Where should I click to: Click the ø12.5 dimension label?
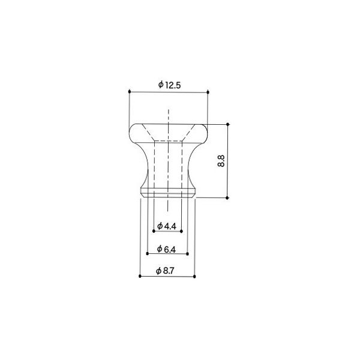click(170, 85)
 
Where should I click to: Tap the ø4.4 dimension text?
click(166, 226)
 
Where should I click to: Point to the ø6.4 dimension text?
click(166, 248)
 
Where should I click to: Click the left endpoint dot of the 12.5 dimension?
click(130, 92)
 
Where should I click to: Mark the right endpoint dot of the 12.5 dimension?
click(208, 92)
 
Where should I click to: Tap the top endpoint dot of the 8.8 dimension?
click(228, 125)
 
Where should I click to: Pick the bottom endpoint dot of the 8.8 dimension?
click(228, 197)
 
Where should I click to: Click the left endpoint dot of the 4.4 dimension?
click(154, 232)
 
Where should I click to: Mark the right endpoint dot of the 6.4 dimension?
click(188, 254)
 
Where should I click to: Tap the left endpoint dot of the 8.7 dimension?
click(140, 277)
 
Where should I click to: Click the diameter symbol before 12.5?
click(161, 85)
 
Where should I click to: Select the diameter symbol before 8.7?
click(158, 271)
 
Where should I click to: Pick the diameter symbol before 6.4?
click(158, 248)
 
